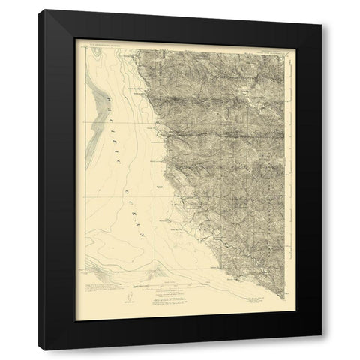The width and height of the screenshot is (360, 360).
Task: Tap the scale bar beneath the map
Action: pos(184,286)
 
